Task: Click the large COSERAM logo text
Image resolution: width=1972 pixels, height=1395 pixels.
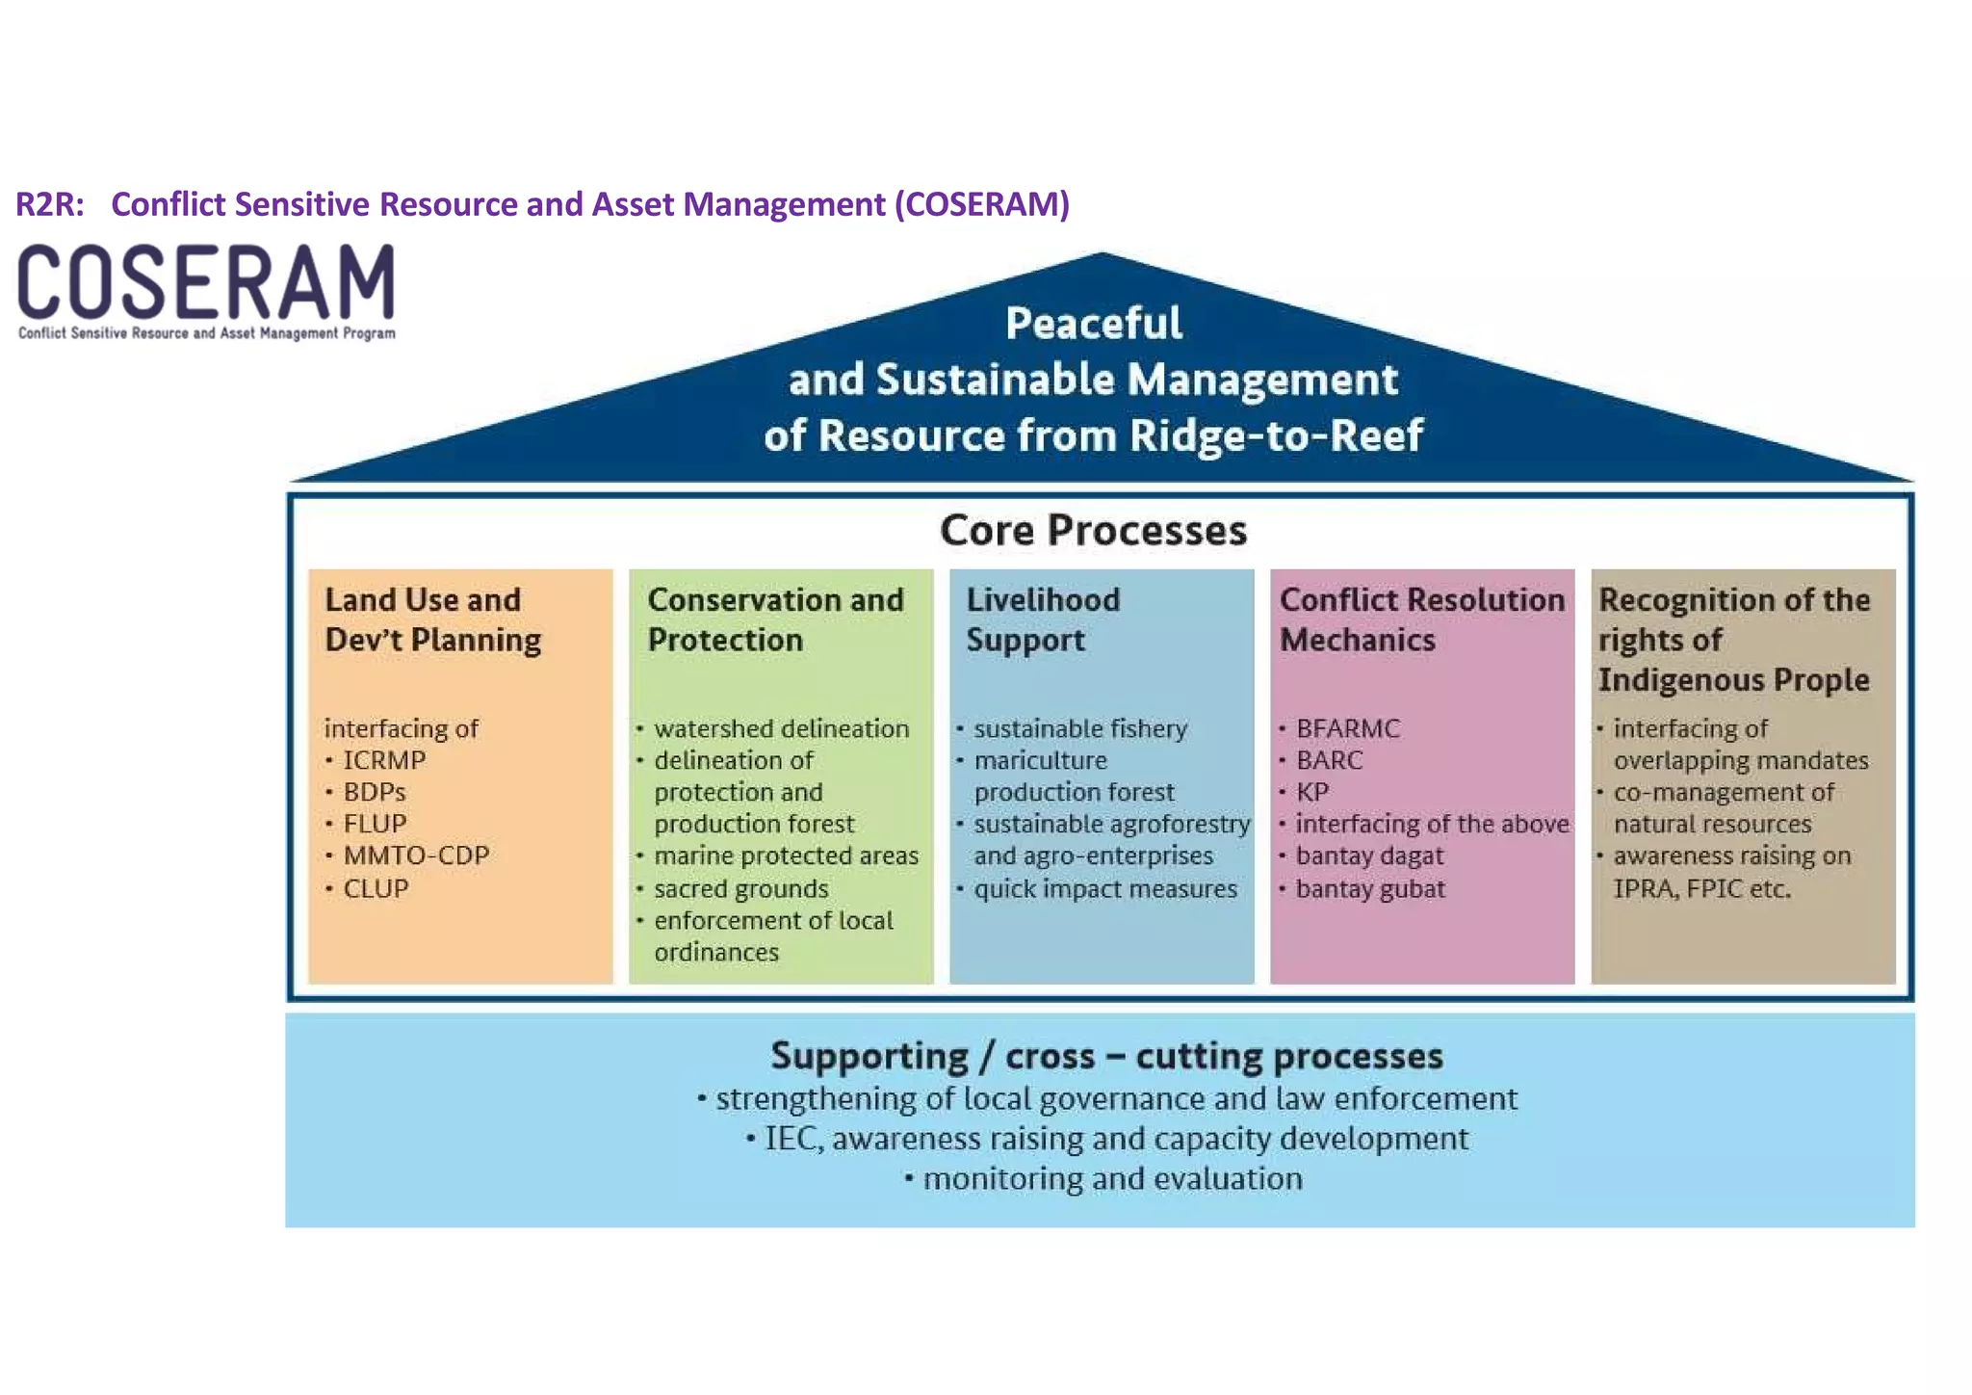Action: click(x=206, y=281)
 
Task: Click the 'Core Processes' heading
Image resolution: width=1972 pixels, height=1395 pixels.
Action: click(x=1093, y=531)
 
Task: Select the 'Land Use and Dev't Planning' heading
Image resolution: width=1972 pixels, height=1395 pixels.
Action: click(x=432, y=619)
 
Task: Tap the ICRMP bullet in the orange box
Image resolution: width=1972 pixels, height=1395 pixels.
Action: click(x=384, y=760)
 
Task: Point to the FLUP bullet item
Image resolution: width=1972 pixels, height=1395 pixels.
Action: click(x=375, y=824)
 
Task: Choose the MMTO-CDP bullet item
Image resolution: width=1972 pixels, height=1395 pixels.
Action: click(x=416, y=855)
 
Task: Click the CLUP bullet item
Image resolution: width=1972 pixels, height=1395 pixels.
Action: click(x=376, y=888)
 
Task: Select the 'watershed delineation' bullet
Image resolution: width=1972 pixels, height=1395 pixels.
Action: click(x=781, y=728)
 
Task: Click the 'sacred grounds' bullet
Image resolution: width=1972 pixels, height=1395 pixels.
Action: click(x=740, y=888)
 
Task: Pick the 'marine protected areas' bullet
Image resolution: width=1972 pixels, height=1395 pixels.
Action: click(x=786, y=855)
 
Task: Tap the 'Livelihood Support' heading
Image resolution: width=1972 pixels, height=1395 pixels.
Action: click(x=1042, y=619)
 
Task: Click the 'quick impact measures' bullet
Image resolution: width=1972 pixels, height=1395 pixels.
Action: click(x=1104, y=888)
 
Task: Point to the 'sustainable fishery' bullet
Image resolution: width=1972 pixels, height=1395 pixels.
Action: click(x=1079, y=728)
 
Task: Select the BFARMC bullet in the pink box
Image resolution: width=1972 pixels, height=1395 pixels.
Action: click(x=1347, y=728)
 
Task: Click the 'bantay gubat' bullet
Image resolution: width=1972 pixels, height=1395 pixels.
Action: click(x=1369, y=888)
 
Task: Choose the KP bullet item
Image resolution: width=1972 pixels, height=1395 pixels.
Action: click(x=1312, y=792)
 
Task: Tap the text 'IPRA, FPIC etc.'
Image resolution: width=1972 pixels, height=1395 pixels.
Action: click(x=1701, y=888)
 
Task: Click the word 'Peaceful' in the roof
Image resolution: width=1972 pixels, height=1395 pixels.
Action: click(x=1093, y=324)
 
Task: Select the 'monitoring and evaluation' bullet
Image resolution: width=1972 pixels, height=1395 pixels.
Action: click(x=1112, y=1179)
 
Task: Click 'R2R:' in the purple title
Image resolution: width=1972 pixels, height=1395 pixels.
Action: click(x=50, y=204)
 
